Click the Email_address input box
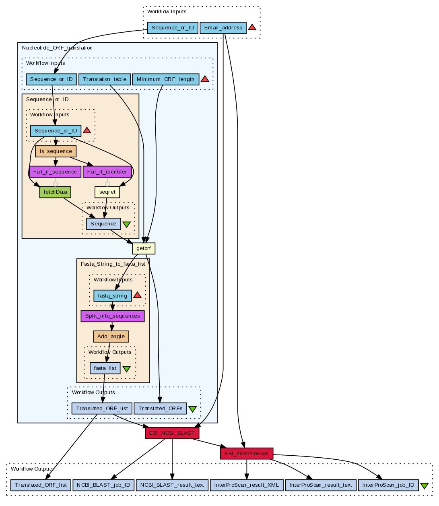tap(223, 28)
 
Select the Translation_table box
tap(105, 79)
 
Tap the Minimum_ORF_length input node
tap(165, 79)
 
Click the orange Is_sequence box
tap(56, 151)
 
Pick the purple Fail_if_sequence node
tap(55, 172)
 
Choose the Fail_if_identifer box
tap(107, 172)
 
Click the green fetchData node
tap(55, 192)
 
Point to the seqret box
tap(107, 192)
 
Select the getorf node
tap(144, 248)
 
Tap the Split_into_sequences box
tap(113, 316)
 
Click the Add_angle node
tap(111, 337)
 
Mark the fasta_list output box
tap(105, 368)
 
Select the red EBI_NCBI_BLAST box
tap(172, 433)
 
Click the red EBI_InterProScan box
tap(247, 454)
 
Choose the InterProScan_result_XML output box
tap(247, 485)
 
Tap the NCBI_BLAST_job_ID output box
tap(103, 485)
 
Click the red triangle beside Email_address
tap(252, 27)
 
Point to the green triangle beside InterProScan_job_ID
tap(424, 486)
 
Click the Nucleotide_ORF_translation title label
tap(57, 48)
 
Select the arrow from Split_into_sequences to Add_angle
tap(112, 326)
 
